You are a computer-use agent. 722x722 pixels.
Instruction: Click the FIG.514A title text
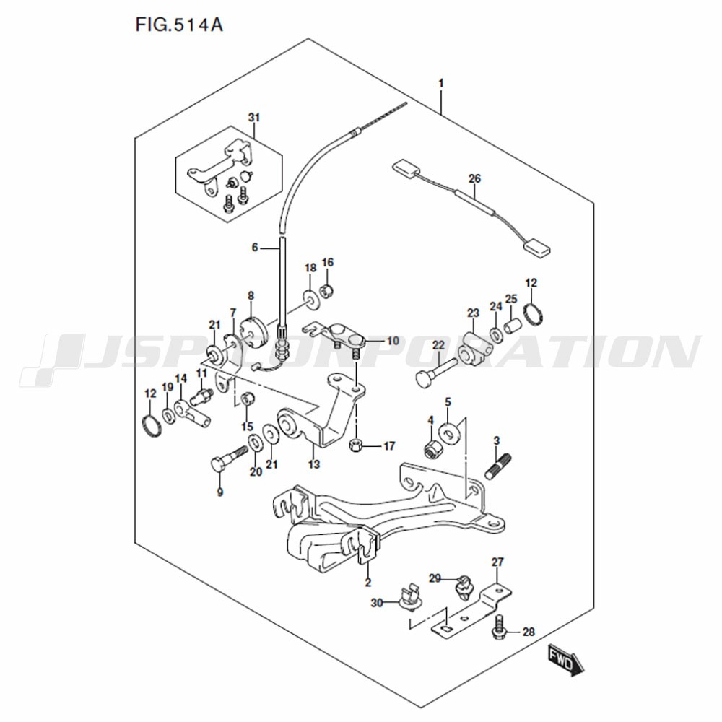(179, 25)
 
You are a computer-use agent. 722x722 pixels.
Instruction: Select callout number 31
(254, 118)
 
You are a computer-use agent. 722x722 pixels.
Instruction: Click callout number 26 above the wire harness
(474, 178)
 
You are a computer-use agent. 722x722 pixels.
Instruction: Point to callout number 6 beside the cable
(255, 248)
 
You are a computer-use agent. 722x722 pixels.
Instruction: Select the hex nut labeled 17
(356, 445)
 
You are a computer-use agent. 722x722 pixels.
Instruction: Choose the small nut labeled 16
(327, 291)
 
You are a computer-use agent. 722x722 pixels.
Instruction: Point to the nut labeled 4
(432, 447)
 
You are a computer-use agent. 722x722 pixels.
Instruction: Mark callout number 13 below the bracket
(314, 464)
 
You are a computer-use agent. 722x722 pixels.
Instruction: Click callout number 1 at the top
(441, 83)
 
